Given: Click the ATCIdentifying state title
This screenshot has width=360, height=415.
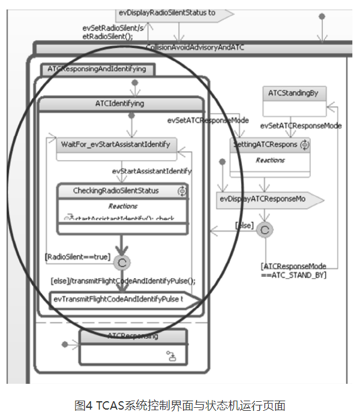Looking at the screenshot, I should pos(120,104).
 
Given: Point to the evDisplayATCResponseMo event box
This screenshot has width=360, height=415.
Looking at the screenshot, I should pos(264,199).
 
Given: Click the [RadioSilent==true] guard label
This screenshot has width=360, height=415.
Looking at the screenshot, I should pos(77,257).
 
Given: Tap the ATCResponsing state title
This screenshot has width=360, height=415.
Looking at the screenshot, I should pos(133,336).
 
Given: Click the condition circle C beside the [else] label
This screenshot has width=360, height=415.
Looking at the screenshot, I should pos(265,230).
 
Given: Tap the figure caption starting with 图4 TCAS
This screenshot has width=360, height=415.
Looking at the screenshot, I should pos(180,406).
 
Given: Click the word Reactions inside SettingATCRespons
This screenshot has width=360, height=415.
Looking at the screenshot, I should pos(270,160).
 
